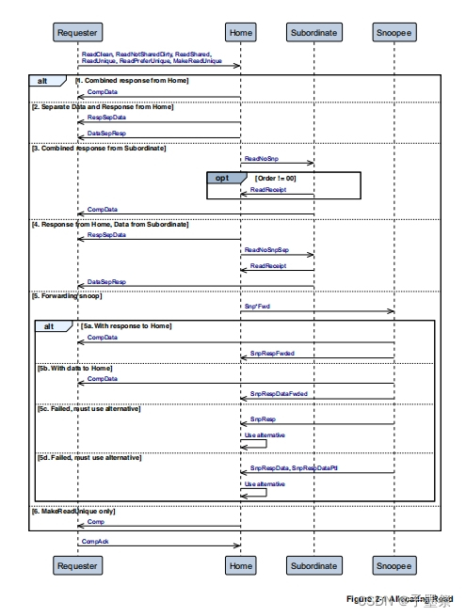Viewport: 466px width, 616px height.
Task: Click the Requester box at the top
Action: point(77,33)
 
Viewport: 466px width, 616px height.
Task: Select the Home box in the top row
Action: point(241,33)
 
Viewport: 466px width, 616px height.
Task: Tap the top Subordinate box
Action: point(313,33)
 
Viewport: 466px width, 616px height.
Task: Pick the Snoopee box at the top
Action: point(393,33)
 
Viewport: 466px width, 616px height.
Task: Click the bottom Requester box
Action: point(77,566)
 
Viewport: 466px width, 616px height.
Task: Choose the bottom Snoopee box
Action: point(393,566)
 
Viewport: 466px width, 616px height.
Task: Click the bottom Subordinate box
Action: point(313,566)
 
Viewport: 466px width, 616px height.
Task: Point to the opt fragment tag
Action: point(222,178)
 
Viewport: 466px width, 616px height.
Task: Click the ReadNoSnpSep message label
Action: point(266,250)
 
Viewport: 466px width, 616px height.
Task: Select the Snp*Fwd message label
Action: point(256,305)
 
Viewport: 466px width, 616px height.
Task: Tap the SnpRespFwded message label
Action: point(272,354)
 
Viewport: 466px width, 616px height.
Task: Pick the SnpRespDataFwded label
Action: point(279,393)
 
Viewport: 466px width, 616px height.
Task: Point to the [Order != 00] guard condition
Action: point(275,178)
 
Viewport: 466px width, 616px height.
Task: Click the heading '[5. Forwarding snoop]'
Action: point(69,294)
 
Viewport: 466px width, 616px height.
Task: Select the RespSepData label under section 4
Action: point(105,235)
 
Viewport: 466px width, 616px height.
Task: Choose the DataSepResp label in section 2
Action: point(105,134)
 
